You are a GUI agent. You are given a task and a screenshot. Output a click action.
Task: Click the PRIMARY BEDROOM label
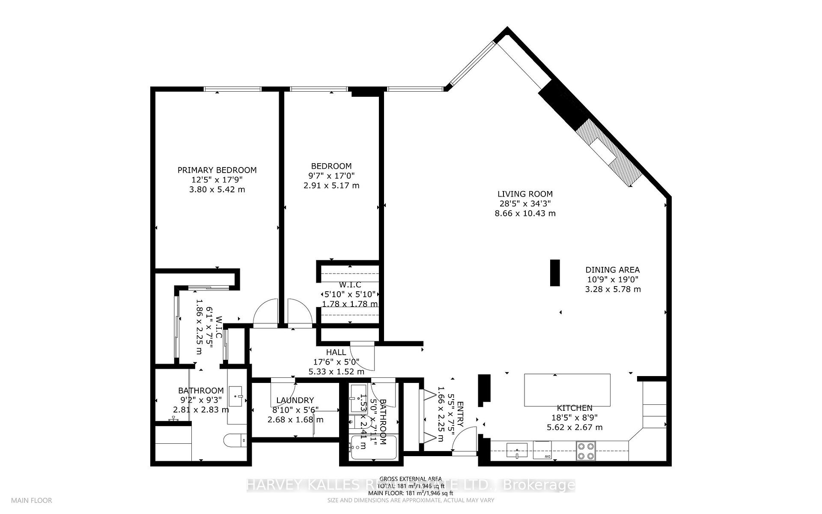tap(217, 170)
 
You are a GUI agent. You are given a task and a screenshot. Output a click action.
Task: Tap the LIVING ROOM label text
tap(525, 194)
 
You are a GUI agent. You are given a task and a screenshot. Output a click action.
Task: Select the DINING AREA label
tap(612, 270)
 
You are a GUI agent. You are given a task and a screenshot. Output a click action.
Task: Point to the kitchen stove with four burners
tap(585, 451)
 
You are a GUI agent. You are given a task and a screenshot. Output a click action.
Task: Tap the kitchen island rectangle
tap(567, 390)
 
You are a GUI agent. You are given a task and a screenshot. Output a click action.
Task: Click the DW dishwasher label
tap(548, 457)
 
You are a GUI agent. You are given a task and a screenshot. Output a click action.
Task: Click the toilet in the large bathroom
tap(235, 440)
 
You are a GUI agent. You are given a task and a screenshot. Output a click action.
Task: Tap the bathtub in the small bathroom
tap(374, 448)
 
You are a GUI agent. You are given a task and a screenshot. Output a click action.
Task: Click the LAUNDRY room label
tap(295, 400)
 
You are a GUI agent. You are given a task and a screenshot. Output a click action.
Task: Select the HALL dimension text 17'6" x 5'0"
tap(336, 362)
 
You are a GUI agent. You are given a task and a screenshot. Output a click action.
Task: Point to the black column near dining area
tap(555, 272)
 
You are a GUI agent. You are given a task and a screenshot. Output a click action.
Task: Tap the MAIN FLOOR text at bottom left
tap(32, 500)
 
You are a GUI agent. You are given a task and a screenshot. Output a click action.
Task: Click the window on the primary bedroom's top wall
tap(232, 89)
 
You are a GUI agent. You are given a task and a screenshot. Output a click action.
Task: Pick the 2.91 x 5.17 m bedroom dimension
tap(331, 185)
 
